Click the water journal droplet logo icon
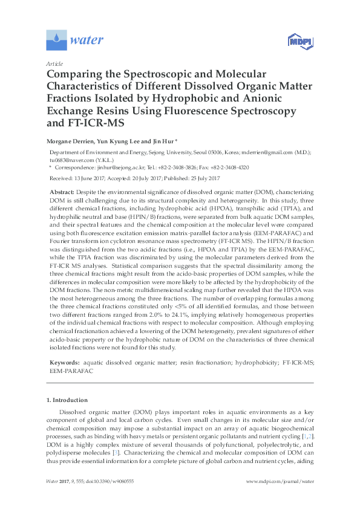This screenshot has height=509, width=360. pos(56,41)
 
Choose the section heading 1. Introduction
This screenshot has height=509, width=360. pos(67,400)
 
